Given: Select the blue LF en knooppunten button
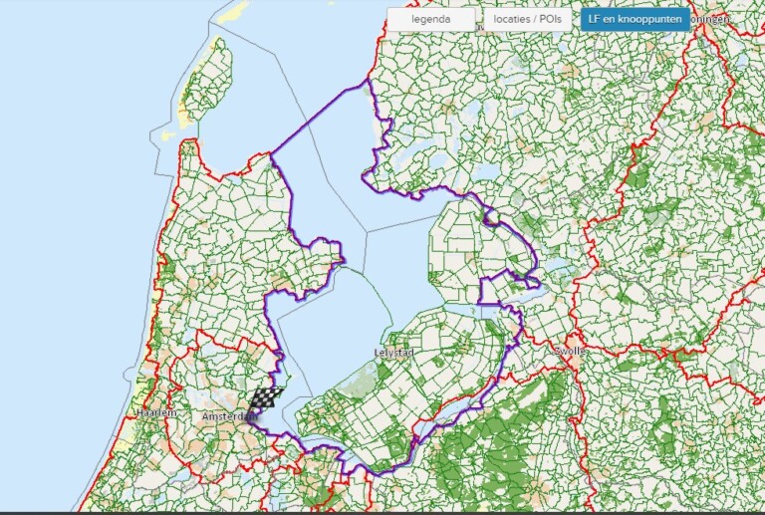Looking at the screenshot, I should (x=636, y=19).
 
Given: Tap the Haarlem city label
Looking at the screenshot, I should (x=155, y=412).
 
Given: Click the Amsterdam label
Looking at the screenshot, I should (x=222, y=416).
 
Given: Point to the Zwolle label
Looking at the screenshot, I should (x=570, y=351).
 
